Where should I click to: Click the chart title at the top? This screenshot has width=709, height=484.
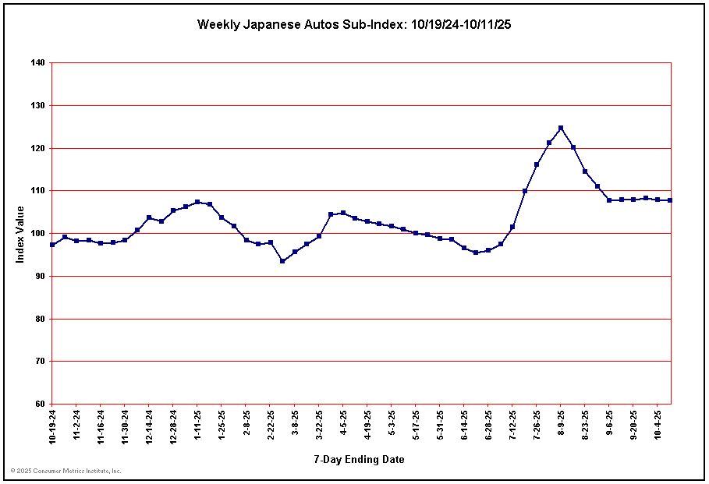(x=354, y=24)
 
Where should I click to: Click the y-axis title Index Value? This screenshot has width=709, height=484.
(x=20, y=234)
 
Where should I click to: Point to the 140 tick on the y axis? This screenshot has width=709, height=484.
(x=37, y=62)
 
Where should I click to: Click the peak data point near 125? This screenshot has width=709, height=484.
(x=561, y=128)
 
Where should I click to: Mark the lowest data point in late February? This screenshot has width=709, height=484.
(x=282, y=261)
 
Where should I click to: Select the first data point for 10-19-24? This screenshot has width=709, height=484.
(x=52, y=245)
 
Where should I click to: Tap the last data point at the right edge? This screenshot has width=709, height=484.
(x=670, y=200)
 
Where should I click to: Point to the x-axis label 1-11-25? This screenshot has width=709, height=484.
(x=198, y=423)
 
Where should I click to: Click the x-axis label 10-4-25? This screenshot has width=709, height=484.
(x=658, y=423)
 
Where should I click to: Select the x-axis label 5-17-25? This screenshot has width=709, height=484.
(x=417, y=423)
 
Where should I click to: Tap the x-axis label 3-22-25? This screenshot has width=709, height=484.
(x=319, y=423)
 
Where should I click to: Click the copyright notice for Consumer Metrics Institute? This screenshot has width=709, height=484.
(x=66, y=471)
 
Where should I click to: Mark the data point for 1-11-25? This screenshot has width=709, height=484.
(x=197, y=202)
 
